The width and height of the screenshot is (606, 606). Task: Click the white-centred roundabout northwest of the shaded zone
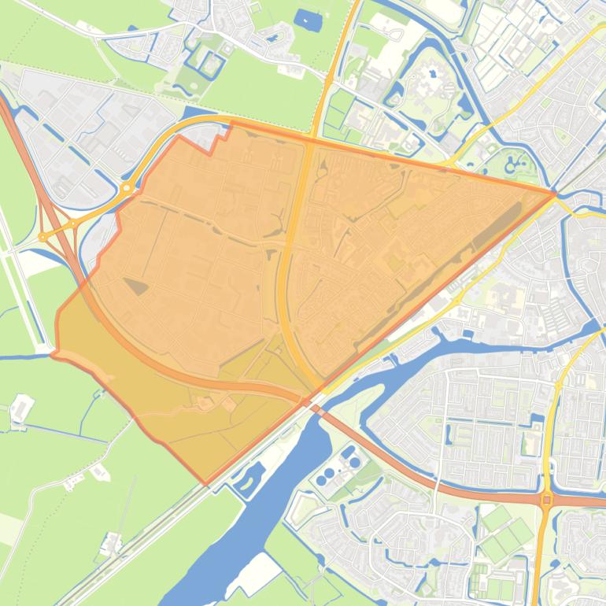tap(126, 188)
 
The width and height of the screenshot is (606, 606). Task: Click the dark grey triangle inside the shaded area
tap(135, 286)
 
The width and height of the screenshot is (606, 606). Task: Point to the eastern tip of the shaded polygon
tap(555, 192)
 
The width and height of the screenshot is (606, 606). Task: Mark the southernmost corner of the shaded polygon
tap(206, 483)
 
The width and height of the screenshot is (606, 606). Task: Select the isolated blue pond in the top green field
tap(303, 17)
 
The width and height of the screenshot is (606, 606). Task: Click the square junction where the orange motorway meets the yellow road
tap(546, 499)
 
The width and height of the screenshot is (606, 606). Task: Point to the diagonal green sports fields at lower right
tap(504, 535)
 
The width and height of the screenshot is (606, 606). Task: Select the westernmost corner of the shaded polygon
tap(53, 354)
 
